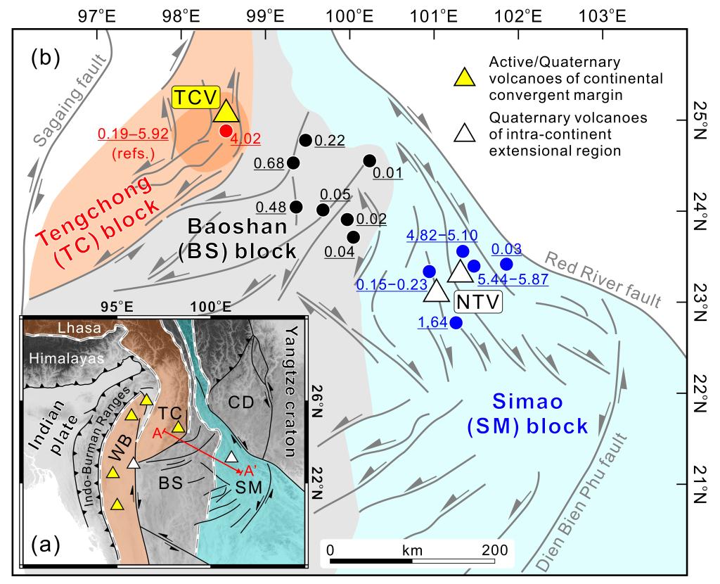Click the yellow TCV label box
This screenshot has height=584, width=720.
click(197, 98)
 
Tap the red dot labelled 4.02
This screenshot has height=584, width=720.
click(225, 130)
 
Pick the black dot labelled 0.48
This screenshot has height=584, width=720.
click(296, 207)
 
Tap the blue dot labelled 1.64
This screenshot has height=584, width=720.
click(456, 323)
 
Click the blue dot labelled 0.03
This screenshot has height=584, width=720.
click(506, 264)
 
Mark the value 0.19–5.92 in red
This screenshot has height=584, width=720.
click(132, 134)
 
